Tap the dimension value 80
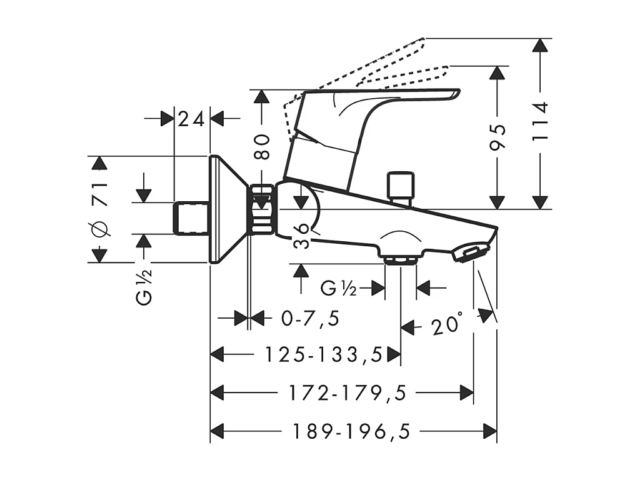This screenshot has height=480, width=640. (x=262, y=146)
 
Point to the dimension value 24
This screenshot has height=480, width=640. (x=191, y=118)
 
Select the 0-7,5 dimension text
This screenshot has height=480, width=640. (x=311, y=319)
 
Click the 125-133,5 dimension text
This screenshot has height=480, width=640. (x=323, y=355)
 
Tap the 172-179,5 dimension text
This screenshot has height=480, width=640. (x=347, y=393)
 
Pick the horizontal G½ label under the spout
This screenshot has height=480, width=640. (x=338, y=288)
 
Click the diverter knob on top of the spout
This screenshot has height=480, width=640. (x=401, y=186)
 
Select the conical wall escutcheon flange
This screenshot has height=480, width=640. (x=227, y=209)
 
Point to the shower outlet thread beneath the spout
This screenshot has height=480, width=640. (x=401, y=259)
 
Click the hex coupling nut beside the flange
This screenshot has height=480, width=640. (x=262, y=209)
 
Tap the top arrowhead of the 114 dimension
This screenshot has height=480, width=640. (x=541, y=46)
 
